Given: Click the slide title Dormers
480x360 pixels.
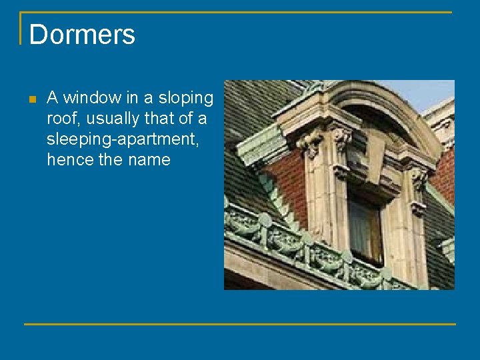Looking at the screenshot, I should [x=82, y=35].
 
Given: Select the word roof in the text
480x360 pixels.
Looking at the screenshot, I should [x=62, y=119].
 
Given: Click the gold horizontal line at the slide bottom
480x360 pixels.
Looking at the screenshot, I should [x=240, y=324].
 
